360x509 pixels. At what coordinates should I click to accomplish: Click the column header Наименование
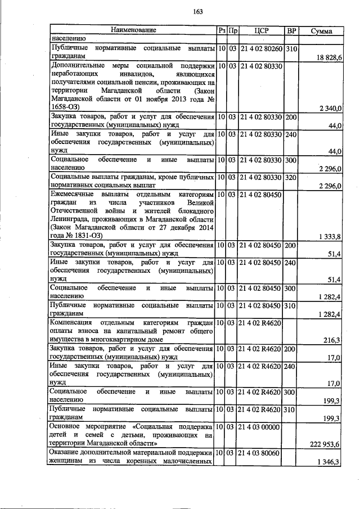coord(133,30)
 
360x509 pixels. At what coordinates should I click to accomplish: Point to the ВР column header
coord(291,30)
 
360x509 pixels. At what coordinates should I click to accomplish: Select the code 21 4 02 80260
coord(261,49)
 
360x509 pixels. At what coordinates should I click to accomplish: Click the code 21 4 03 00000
coord(259,427)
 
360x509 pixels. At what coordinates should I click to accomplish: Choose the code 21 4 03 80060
coord(260,453)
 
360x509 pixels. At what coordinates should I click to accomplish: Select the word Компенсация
coord(71,323)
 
